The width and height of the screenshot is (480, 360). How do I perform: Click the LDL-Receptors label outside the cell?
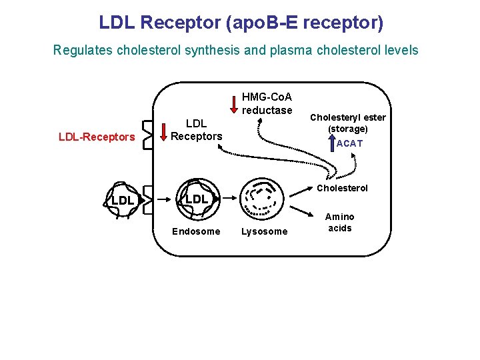[97, 137]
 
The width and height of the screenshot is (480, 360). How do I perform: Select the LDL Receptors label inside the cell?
[196, 130]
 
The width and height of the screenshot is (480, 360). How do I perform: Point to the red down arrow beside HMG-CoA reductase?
[233, 105]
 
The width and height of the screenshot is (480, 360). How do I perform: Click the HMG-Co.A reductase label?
[267, 104]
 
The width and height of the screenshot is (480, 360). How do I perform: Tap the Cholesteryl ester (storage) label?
[347, 123]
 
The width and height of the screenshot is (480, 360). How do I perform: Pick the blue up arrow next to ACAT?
[331, 143]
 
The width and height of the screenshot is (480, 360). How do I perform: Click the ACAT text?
[349, 143]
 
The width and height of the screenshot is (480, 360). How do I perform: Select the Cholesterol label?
[342, 188]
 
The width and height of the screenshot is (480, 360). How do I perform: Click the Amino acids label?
[339, 223]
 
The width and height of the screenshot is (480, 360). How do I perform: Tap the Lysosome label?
[265, 231]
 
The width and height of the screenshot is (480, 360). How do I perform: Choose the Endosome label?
[196, 231]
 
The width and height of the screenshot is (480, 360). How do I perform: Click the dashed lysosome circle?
[263, 198]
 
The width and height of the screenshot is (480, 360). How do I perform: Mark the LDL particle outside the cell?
[123, 199]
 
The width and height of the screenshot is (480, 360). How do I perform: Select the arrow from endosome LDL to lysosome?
[230, 199]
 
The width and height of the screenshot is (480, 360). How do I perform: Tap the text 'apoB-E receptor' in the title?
[305, 23]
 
